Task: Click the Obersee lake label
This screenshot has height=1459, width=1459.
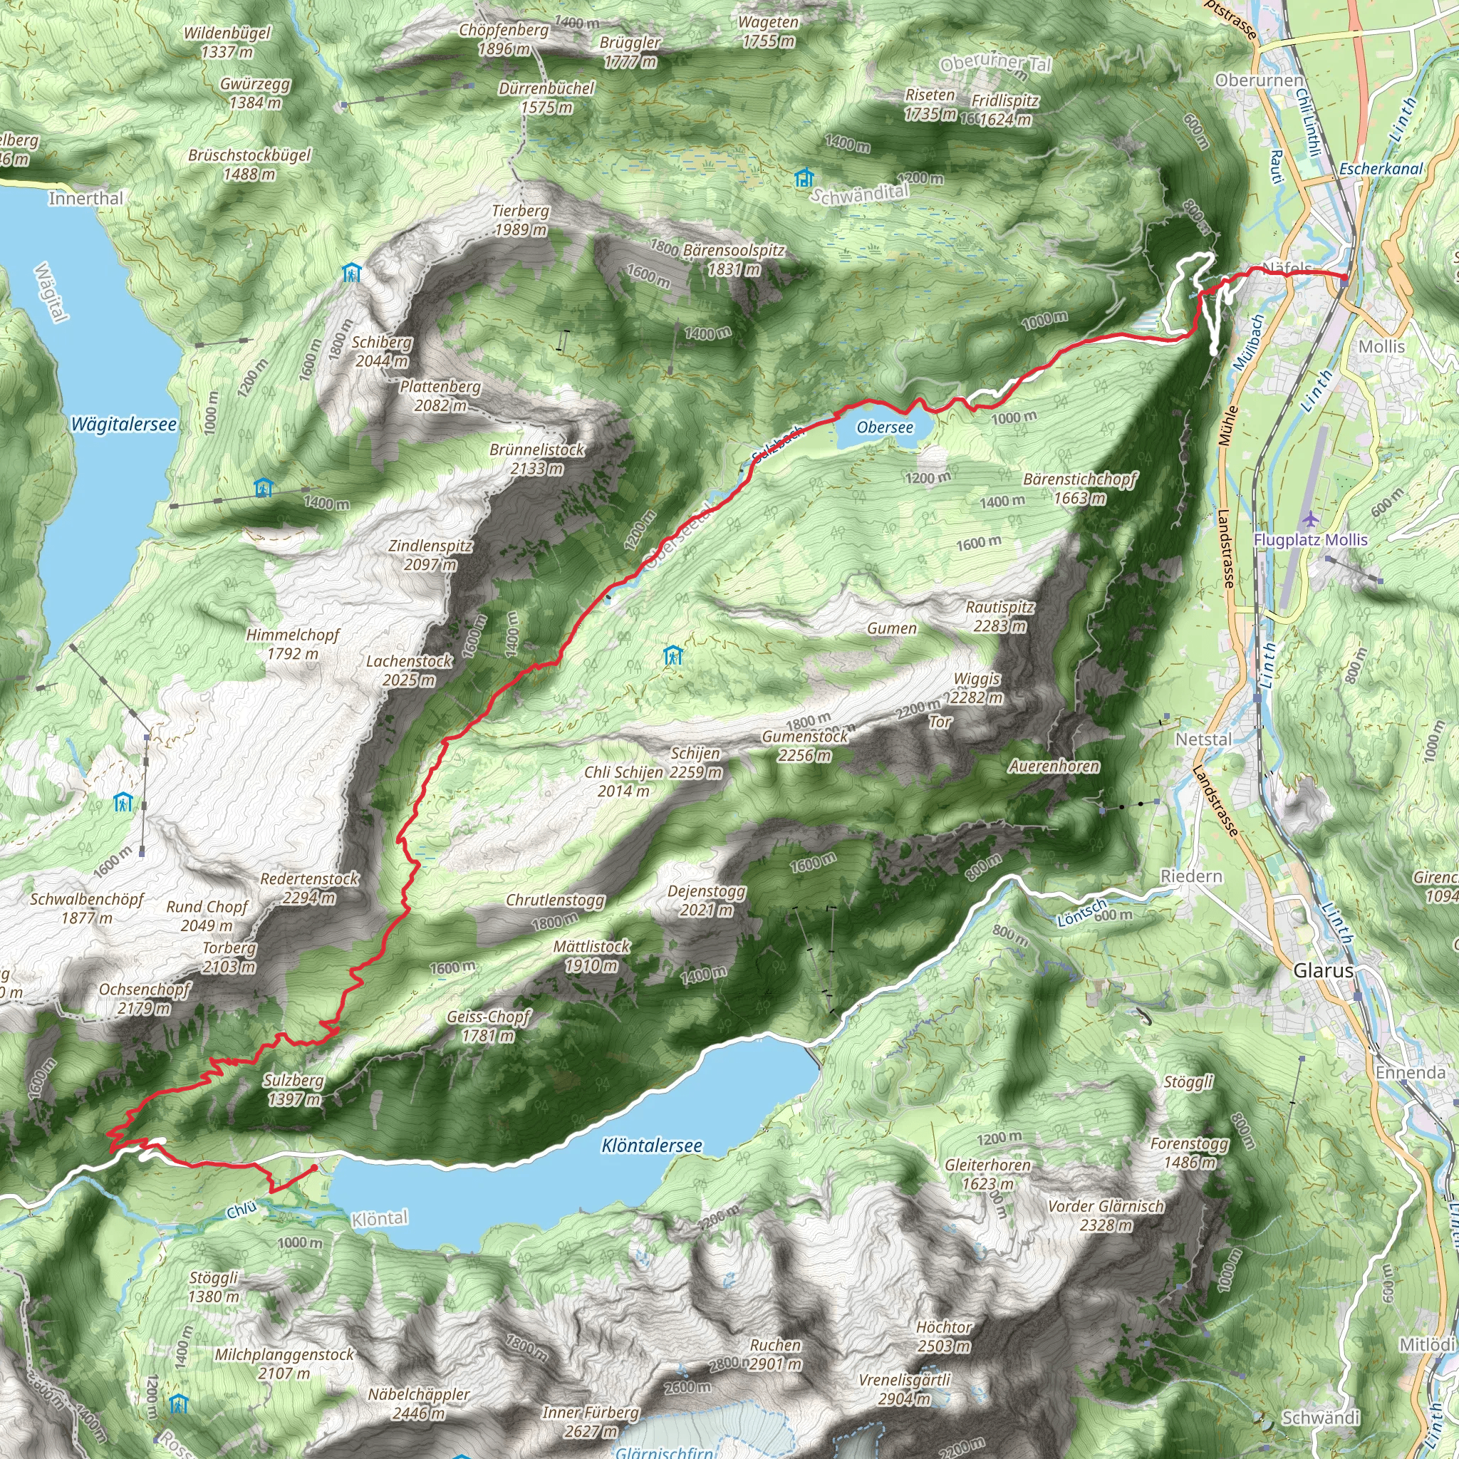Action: [x=884, y=427]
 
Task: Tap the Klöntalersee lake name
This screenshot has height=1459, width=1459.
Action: [x=652, y=1146]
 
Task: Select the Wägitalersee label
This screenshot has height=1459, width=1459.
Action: [x=124, y=425]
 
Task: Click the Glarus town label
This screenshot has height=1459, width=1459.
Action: [x=1323, y=971]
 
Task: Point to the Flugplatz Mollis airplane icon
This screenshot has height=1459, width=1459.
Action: [x=1310, y=519]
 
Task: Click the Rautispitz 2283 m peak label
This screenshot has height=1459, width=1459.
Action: [x=1000, y=616]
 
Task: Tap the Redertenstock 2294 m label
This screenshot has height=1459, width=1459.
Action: [x=310, y=888]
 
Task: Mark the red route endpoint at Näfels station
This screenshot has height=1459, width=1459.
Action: [x=1344, y=277]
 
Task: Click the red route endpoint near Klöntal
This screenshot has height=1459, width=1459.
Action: [x=314, y=1168]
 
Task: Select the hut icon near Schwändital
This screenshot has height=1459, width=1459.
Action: [x=804, y=177]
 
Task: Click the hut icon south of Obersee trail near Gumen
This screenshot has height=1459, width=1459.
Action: [x=673, y=655]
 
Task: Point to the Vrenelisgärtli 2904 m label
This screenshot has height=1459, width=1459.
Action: [x=904, y=1388]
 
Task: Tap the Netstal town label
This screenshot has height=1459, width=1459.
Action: [x=1203, y=739]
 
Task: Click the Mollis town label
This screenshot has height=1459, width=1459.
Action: [x=1381, y=347]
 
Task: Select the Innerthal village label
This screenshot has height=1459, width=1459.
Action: [x=85, y=199]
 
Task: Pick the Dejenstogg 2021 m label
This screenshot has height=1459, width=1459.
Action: [x=706, y=900]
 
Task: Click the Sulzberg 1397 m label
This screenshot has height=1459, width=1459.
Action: [x=294, y=1090]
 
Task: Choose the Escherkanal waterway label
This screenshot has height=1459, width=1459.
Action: [x=1381, y=169]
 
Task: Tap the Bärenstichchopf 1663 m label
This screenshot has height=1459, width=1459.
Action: [x=1079, y=489]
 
